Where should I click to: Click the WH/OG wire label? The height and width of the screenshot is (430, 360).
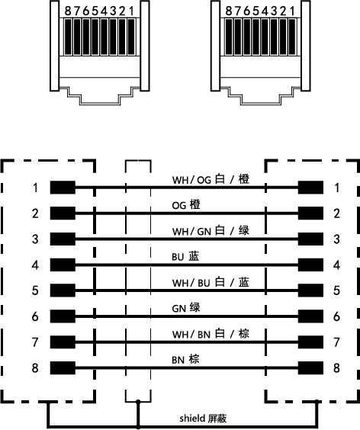point(211,179)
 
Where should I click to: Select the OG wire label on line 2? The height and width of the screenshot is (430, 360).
point(186,205)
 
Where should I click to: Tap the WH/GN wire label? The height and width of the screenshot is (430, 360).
point(211,231)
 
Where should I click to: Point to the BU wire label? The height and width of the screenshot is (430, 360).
point(185,257)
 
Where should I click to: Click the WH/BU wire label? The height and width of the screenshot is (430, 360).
point(211,282)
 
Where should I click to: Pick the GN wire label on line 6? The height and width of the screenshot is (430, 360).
point(186,308)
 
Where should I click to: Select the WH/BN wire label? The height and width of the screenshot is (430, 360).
point(211,334)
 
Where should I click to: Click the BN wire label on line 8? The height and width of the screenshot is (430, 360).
point(185,360)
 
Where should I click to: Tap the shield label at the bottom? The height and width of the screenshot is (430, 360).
point(203,419)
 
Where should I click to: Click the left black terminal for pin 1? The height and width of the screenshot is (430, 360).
point(63,188)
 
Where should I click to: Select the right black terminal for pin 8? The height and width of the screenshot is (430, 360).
point(310,367)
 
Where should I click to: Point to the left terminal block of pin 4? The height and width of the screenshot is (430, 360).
point(63,265)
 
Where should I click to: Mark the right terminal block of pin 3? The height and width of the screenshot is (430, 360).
point(310,239)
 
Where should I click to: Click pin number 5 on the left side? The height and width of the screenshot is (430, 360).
point(35,290)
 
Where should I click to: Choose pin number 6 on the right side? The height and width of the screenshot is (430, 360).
point(336,316)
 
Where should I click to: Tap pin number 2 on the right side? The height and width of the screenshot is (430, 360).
point(336,213)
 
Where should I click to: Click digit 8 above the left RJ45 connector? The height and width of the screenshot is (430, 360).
point(68,11)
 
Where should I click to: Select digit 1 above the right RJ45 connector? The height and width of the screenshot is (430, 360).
point(293,11)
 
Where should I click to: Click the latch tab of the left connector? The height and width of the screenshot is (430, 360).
point(100,96)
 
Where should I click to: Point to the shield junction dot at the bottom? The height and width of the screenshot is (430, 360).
point(138,402)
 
